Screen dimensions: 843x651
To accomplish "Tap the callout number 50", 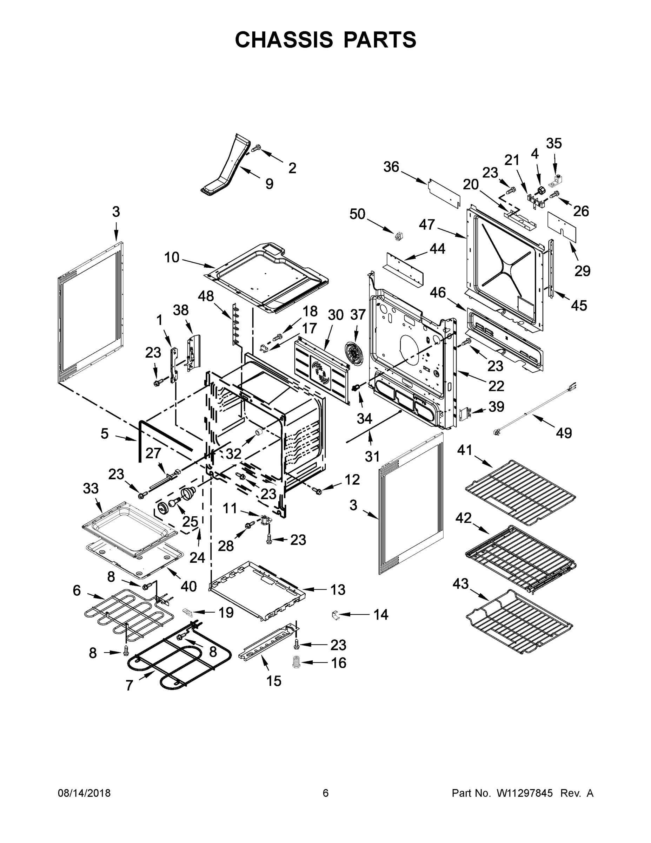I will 357,214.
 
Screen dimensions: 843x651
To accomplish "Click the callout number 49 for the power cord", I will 564,433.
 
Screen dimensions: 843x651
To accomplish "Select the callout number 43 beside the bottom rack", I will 460,584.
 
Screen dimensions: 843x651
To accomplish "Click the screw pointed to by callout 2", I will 256,148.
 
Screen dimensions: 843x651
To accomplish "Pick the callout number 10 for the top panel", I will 172,257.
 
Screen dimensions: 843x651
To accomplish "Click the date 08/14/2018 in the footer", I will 84,793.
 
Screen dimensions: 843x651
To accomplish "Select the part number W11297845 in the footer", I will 525,793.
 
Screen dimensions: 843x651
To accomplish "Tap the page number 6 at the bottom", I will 326,793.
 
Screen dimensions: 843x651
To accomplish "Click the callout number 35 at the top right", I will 554,144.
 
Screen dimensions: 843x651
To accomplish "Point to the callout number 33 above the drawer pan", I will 91,488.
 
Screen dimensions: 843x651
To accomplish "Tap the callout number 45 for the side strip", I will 578,305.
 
